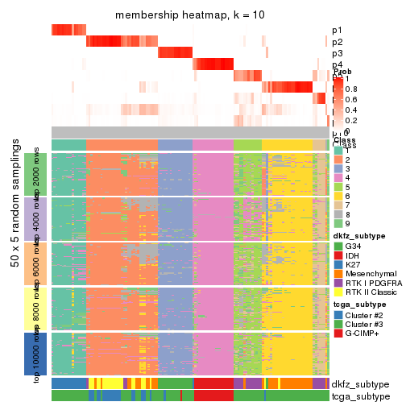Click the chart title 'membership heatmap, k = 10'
pos(189,15)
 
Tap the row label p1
pos(337,31)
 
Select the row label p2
pos(337,42)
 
